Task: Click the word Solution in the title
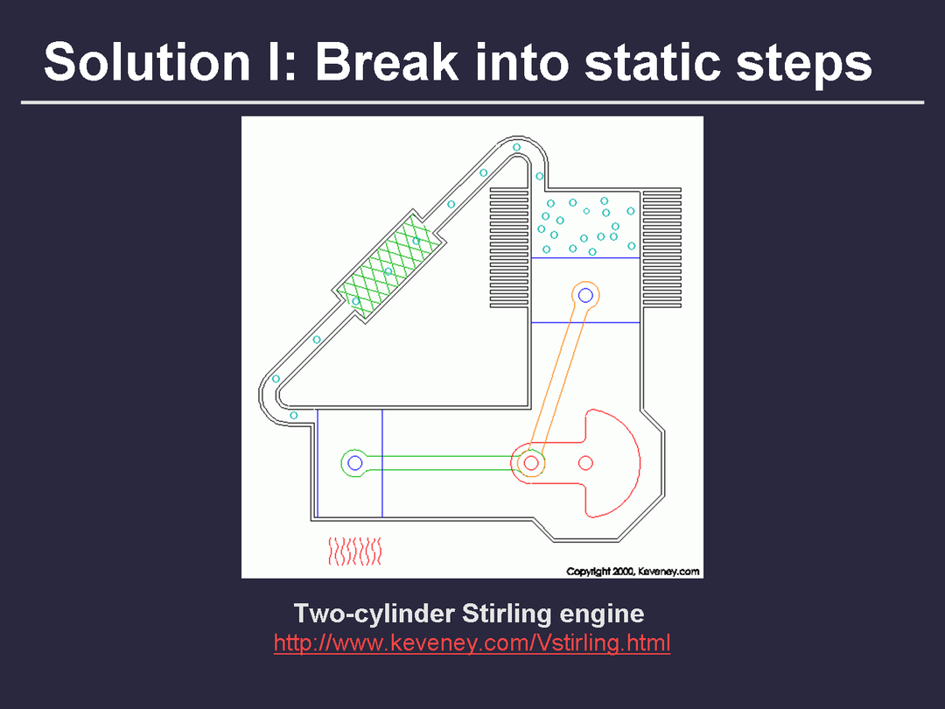146,61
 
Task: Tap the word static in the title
652,61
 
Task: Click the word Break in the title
387,61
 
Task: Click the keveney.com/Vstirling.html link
472,642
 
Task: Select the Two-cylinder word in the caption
374,614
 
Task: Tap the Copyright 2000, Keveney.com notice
633,572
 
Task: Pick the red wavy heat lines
355,551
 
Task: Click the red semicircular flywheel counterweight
612,463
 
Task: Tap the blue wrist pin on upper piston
585,296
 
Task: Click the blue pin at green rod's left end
355,463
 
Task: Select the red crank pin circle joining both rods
531,463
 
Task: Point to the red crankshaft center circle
585,463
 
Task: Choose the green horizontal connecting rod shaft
443,463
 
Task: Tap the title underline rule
472,102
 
